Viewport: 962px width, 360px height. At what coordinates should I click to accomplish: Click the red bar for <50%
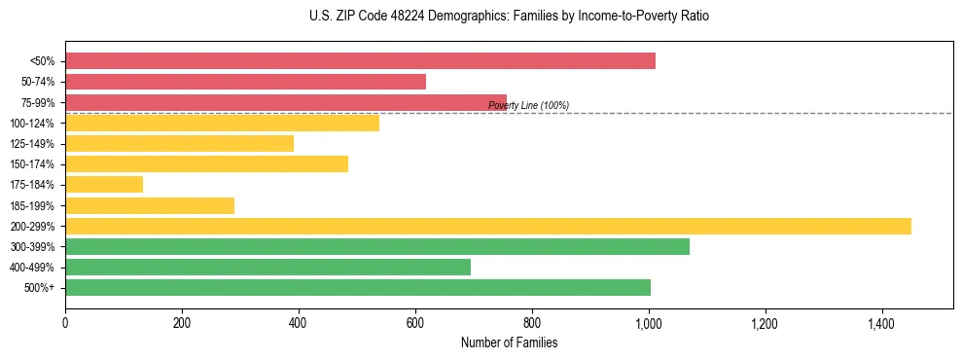(360, 61)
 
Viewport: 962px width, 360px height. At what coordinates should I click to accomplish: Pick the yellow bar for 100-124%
(222, 123)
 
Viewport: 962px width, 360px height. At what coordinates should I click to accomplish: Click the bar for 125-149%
(179, 144)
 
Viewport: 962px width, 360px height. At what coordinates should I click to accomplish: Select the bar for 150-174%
(206, 164)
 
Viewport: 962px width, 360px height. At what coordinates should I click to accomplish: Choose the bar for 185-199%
(150, 205)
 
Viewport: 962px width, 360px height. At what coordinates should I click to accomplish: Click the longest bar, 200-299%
(488, 226)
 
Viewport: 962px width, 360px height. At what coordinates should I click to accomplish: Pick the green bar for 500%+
(358, 287)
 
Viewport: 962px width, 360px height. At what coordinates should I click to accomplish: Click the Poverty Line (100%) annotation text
(528, 105)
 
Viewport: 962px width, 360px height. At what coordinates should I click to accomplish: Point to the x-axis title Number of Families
(509, 342)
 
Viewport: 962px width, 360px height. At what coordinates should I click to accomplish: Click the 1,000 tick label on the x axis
(649, 322)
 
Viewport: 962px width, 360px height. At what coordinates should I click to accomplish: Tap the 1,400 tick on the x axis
(881, 322)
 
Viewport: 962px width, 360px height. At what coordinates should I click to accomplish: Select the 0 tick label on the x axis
(65, 322)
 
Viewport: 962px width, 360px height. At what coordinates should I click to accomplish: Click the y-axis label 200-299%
(32, 226)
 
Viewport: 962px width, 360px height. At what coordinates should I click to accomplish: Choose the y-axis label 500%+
(40, 287)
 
